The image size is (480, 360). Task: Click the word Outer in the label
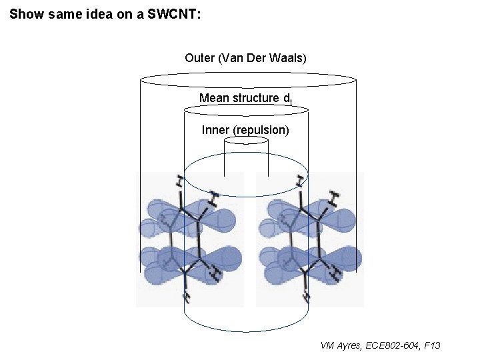200,58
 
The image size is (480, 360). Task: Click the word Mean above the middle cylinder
213,98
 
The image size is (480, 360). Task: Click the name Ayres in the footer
350,345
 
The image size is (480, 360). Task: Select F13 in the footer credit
432,345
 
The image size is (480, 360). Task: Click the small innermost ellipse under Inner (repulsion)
245,141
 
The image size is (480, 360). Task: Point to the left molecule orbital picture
190,239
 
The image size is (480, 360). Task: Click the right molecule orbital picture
310,239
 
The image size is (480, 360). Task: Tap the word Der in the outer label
256,58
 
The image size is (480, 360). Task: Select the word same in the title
63,13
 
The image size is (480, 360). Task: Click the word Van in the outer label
233,58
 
